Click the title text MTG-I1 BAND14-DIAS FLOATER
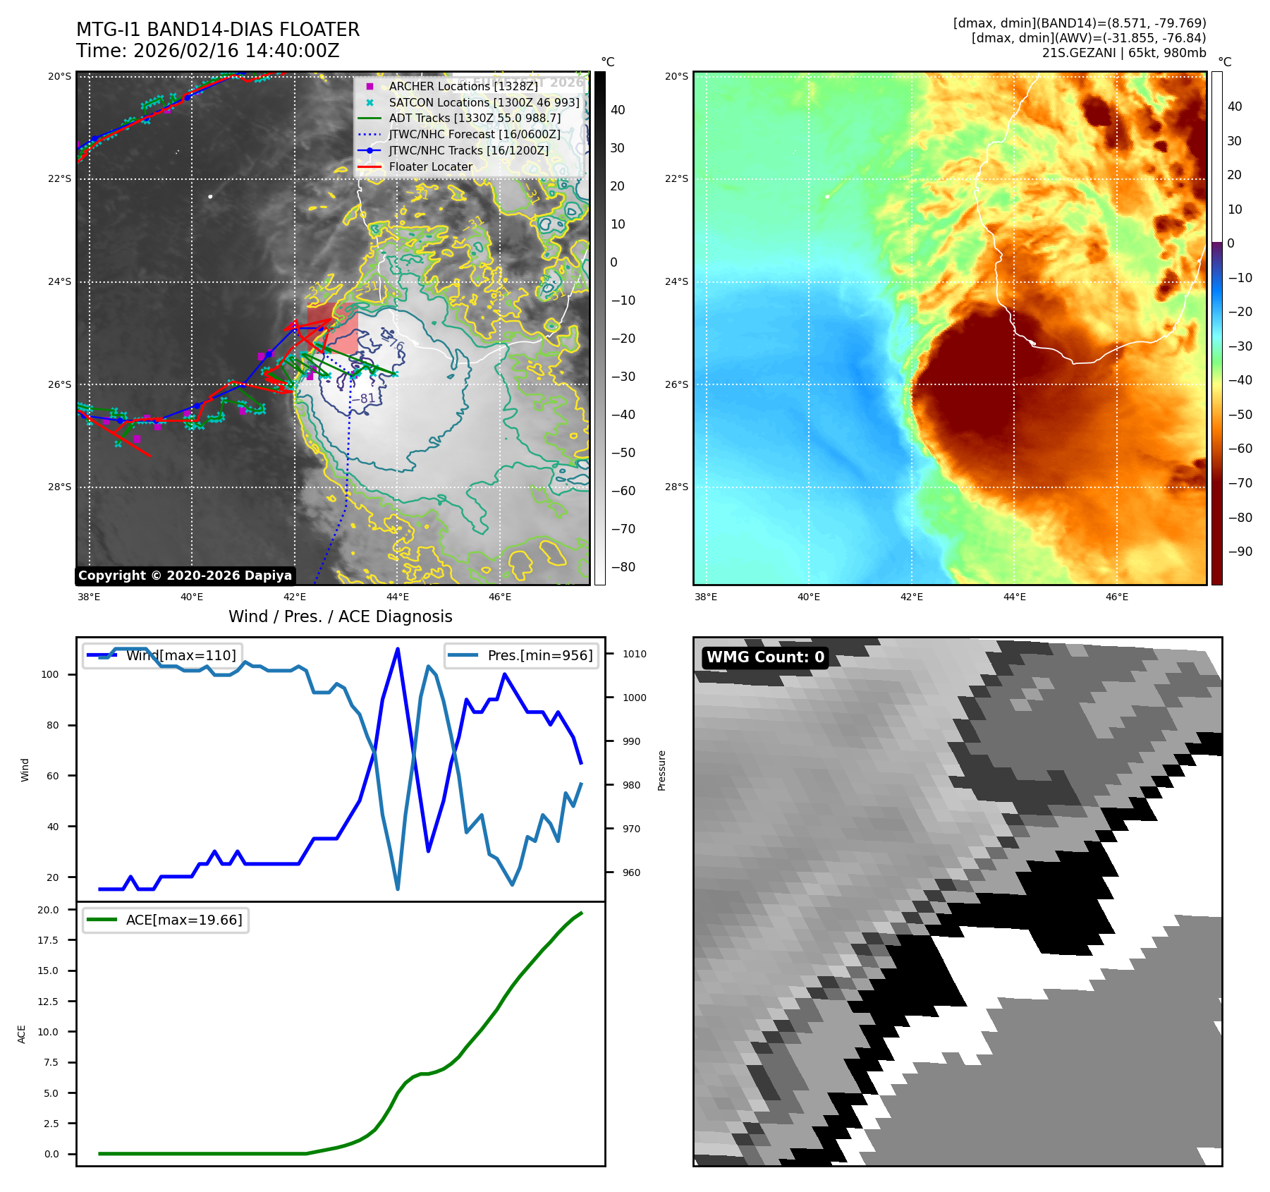(218, 30)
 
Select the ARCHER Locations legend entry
(463, 86)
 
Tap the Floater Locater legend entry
(430, 166)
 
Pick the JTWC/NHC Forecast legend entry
(474, 134)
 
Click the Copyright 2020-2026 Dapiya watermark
(185, 576)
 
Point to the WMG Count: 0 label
(765, 657)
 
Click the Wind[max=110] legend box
(162, 655)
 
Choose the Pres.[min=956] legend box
(522, 655)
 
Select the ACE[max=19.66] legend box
(166, 920)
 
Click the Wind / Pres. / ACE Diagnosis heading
(340, 616)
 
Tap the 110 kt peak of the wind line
(398, 649)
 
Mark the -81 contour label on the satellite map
(366, 399)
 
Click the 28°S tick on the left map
(59, 487)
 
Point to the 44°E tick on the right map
(1014, 597)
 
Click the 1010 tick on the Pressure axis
(634, 654)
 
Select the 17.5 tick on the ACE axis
(48, 940)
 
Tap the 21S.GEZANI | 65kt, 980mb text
(1124, 53)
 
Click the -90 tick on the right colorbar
(1239, 552)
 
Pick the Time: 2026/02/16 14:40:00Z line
(208, 51)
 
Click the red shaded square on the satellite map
(334, 329)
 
